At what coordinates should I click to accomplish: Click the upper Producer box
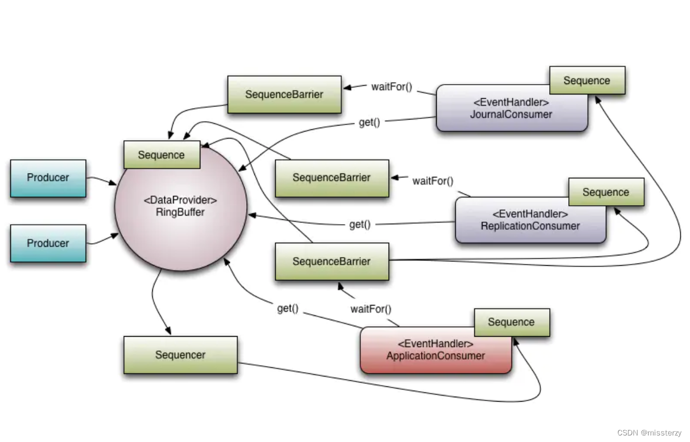(48, 178)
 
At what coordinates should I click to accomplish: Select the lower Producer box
(48, 243)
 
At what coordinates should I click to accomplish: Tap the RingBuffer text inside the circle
(180, 212)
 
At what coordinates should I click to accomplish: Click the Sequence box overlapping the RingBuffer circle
(162, 155)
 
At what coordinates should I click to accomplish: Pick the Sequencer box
(180, 355)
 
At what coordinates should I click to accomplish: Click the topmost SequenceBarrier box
(284, 94)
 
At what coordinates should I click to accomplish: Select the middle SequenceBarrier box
(331, 178)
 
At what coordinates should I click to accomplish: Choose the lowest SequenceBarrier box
(331, 261)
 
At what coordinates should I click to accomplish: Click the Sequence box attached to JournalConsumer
(587, 81)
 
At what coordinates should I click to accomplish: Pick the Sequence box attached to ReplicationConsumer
(606, 192)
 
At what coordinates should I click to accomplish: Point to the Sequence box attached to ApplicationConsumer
(511, 322)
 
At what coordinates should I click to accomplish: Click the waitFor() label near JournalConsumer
(391, 86)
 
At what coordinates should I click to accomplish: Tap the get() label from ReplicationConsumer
(360, 224)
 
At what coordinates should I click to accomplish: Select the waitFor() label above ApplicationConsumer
(371, 309)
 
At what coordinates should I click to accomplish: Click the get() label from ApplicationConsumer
(288, 308)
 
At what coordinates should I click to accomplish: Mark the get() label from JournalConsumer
(369, 122)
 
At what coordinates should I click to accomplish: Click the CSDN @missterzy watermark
(649, 433)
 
